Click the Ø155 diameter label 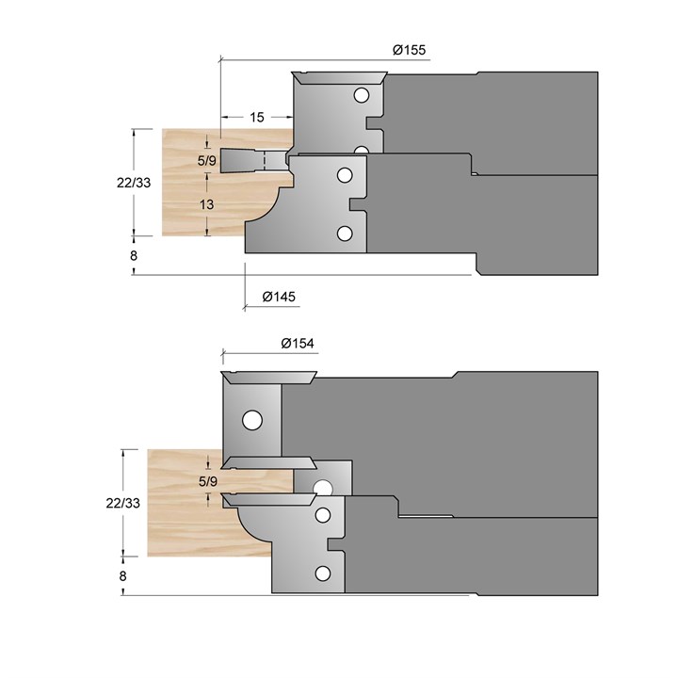click(x=409, y=50)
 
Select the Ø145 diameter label click(x=279, y=297)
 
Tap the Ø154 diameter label click(x=298, y=344)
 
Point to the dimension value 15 click(x=257, y=117)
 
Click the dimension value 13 click(x=206, y=204)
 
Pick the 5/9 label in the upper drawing click(x=206, y=161)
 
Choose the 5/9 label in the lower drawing click(x=208, y=481)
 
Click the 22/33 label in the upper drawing click(x=134, y=183)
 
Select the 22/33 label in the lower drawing click(x=122, y=503)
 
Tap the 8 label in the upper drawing click(x=134, y=255)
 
